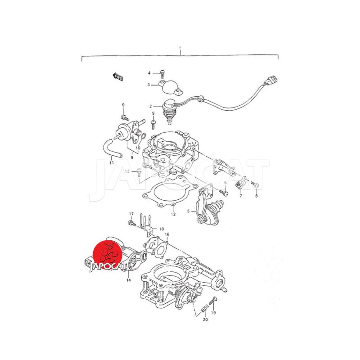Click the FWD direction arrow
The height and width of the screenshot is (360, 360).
tap(118, 76)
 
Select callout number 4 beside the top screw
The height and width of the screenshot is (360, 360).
tap(149, 73)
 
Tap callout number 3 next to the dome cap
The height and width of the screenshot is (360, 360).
tap(148, 85)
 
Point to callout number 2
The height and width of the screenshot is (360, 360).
tap(151, 106)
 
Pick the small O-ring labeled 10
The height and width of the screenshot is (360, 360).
tap(142, 136)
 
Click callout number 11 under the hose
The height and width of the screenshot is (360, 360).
tap(112, 163)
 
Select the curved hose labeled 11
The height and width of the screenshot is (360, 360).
tap(112, 148)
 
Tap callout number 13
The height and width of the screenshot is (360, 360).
tap(127, 171)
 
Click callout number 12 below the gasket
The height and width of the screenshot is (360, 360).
tap(173, 214)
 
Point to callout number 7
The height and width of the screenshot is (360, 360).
tap(241, 196)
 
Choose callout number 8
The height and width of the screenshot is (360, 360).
tap(256, 196)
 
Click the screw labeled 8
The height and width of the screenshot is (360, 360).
tap(255, 184)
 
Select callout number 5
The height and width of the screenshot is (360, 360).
tap(189, 211)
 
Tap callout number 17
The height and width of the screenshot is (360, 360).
tap(131, 214)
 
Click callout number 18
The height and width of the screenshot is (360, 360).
tap(162, 229)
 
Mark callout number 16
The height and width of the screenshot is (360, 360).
tap(167, 234)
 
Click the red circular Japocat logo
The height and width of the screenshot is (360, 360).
tap(107, 254)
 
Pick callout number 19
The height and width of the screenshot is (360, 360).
tap(213, 312)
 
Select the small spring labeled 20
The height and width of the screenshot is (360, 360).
tap(205, 308)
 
